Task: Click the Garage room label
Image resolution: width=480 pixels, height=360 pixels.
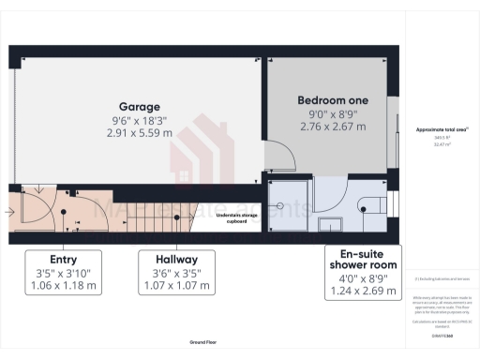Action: [139, 106]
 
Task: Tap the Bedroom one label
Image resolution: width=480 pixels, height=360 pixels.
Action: [333, 99]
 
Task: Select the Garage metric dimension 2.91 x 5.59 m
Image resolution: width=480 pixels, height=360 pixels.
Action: [139, 134]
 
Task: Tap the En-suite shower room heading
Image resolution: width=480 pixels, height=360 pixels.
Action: [363, 259]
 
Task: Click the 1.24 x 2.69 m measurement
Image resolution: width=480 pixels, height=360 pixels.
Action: [363, 292]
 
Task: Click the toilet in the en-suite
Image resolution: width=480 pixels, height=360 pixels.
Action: [376, 205]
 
